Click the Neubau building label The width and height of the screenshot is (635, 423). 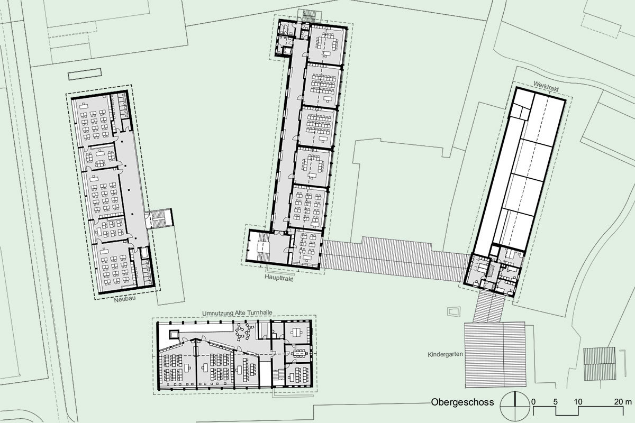pyautogui.click(x=125, y=299)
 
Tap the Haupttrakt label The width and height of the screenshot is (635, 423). pyautogui.click(x=279, y=278)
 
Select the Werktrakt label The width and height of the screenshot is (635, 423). pyautogui.click(x=546, y=86)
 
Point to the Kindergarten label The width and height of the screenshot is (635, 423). pyautogui.click(x=446, y=354)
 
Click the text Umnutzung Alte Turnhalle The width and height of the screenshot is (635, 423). pyautogui.click(x=237, y=313)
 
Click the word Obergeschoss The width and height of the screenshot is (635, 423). pyautogui.click(x=462, y=402)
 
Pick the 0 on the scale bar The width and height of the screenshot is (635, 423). pyautogui.click(x=534, y=402)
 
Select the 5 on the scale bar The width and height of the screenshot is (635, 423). pyautogui.click(x=555, y=402)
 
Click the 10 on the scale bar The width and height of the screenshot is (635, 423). pyautogui.click(x=578, y=402)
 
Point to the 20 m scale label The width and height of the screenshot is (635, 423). pyautogui.click(x=623, y=402)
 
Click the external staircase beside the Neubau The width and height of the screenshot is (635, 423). pyautogui.click(x=159, y=218)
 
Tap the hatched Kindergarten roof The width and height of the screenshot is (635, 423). pyautogui.click(x=495, y=354)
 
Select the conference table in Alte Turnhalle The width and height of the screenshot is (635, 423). pyautogui.click(x=299, y=353)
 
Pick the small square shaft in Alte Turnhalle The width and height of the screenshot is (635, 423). pyautogui.click(x=174, y=335)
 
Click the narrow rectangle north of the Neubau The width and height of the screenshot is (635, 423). pyautogui.click(x=85, y=74)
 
